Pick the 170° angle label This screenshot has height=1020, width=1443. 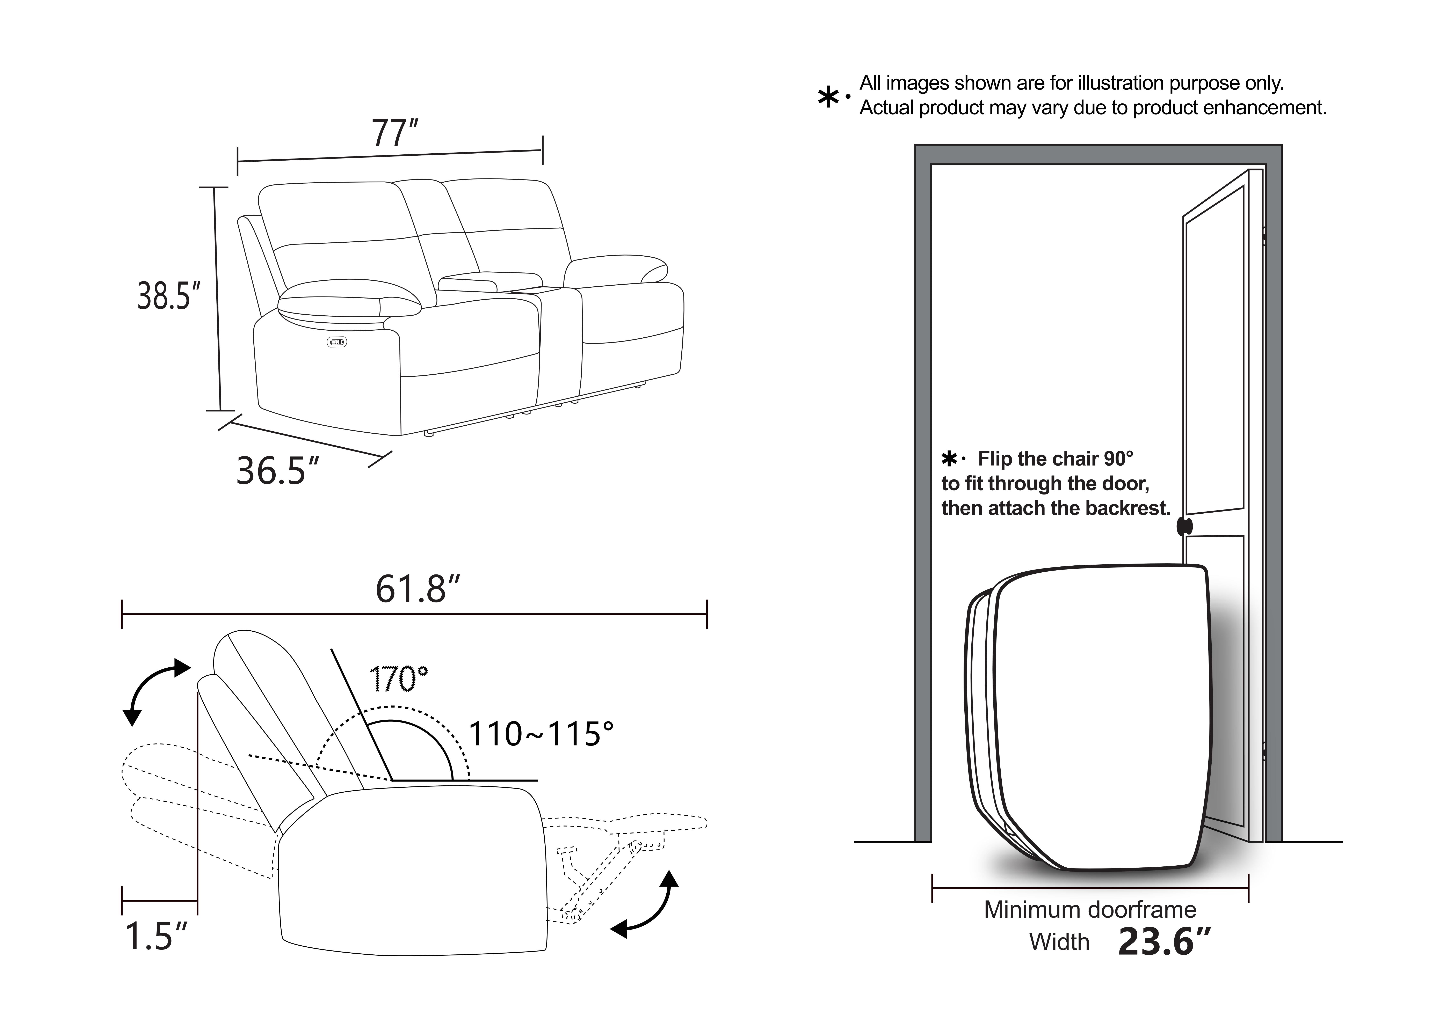tap(398, 679)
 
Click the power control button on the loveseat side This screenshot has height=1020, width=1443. tap(337, 342)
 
